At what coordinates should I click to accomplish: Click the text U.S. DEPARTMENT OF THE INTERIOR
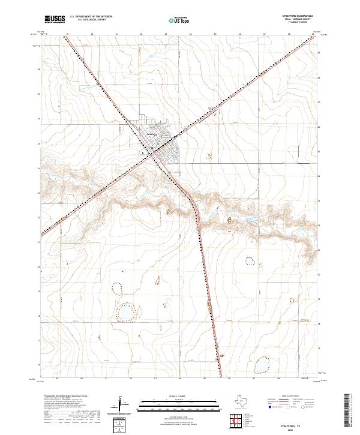click(x=91, y=16)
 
